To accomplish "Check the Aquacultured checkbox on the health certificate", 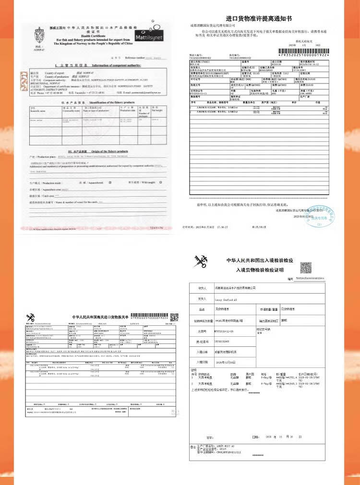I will coord(110,183).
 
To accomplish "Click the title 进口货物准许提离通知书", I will coord(259,19).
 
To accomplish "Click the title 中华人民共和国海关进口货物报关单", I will coord(100,317).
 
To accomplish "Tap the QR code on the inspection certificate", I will coord(306,267).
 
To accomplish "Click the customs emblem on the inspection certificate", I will coord(199,262).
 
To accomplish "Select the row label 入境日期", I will coord(202,362).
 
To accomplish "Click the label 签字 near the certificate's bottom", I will coord(209,437).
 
